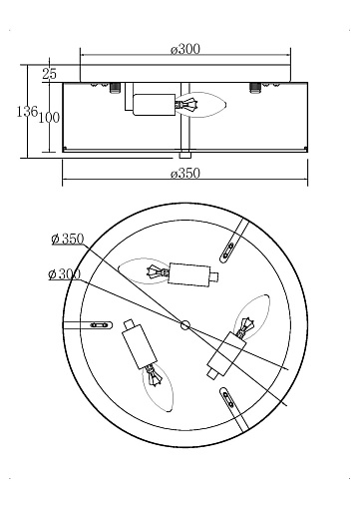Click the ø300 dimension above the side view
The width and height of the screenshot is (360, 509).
coord(185,49)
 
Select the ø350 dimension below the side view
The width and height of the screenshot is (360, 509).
coord(185,174)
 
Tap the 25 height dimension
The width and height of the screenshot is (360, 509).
coord(49,74)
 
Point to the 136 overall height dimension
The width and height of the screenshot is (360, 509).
coord(27,112)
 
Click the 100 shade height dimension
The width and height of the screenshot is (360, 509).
coord(49,118)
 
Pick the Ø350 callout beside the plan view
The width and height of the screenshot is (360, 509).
coord(68,239)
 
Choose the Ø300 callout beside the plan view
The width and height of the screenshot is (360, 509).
coord(65,274)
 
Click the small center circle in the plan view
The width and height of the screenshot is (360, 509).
coord(185,324)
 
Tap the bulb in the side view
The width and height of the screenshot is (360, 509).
coord(200,105)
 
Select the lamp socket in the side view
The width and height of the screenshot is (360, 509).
coord(154,105)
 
